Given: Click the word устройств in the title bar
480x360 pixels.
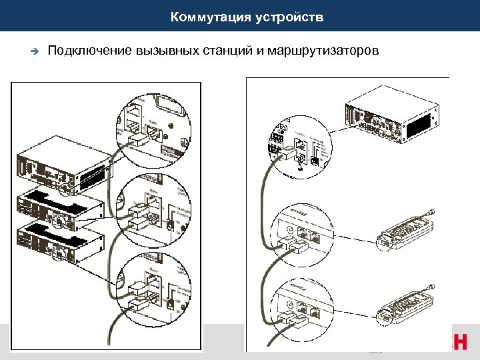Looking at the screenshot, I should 289,17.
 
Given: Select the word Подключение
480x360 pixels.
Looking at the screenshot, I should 90,51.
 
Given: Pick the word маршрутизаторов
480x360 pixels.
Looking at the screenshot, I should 323,51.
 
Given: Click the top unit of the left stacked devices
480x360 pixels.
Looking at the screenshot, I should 63,163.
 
